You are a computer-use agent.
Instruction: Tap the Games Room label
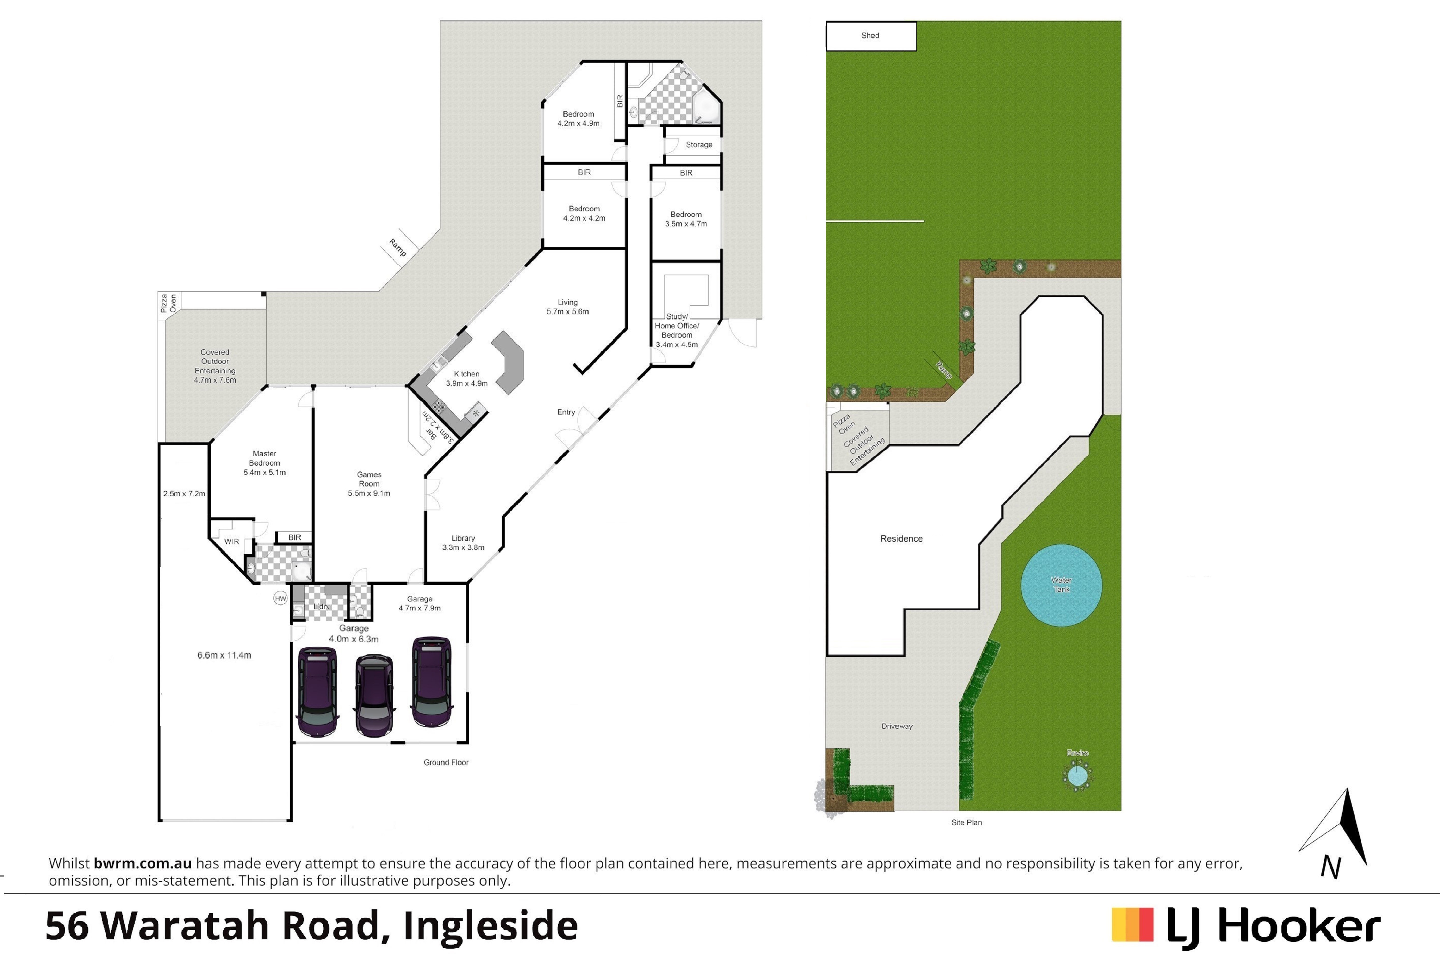click(369, 479)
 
